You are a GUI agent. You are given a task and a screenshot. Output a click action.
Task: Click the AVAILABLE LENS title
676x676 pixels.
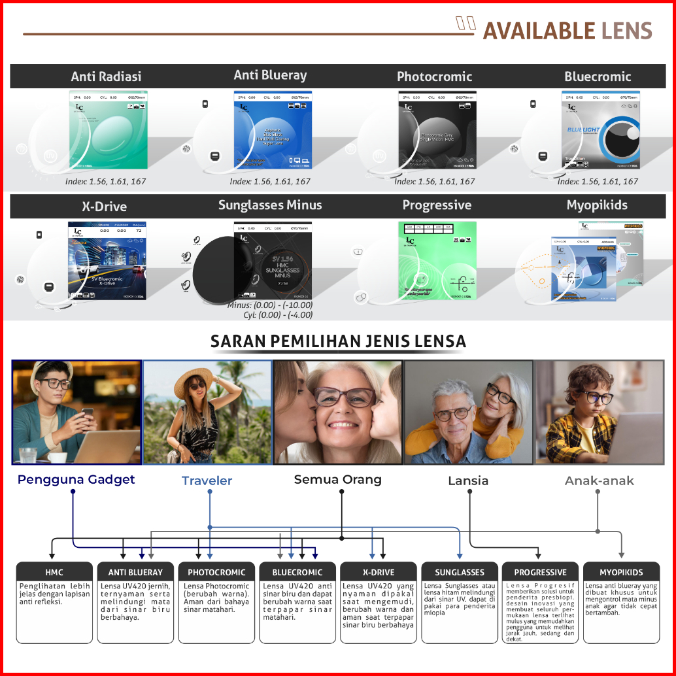(567, 31)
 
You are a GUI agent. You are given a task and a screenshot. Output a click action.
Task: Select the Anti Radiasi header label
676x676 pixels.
(106, 76)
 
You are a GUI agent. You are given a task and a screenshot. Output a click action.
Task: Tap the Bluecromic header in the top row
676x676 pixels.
(598, 76)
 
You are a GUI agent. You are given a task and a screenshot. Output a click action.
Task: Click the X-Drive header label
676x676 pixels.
(105, 207)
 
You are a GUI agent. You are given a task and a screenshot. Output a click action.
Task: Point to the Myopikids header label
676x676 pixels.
(597, 205)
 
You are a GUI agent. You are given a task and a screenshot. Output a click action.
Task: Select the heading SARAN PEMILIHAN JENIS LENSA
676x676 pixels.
(338, 341)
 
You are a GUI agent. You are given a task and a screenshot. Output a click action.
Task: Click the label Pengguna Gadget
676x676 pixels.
(76, 480)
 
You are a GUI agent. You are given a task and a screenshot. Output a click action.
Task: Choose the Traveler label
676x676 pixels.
(207, 481)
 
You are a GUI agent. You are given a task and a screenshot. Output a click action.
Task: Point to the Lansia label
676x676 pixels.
(468, 481)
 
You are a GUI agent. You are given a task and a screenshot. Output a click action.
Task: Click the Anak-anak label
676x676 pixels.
(599, 481)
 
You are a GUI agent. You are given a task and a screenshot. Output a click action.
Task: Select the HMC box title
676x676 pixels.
(55, 572)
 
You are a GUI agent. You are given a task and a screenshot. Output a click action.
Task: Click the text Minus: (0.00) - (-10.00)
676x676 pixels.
(270, 305)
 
